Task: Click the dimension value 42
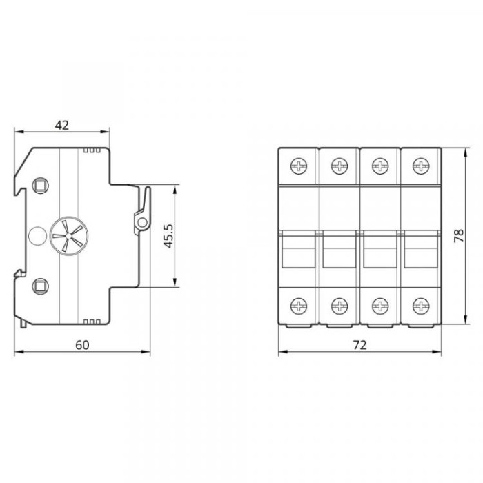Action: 61,125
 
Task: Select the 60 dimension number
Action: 82,345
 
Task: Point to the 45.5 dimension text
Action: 168,236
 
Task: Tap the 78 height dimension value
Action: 459,236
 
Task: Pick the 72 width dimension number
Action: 359,345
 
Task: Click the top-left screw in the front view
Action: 299,166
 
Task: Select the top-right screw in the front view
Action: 421,166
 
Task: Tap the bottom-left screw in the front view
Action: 299,306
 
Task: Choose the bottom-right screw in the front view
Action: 421,306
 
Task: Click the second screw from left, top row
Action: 339,166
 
